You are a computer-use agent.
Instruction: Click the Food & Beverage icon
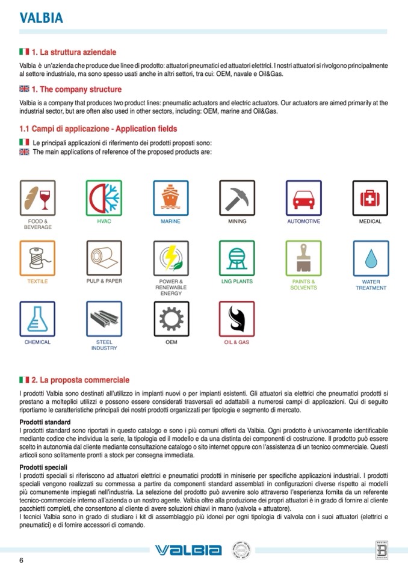tap(37, 198)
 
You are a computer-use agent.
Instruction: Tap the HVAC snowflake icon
tap(104, 198)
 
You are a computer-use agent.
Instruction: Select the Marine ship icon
tap(170, 198)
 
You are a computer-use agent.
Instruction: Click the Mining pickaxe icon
tap(237, 198)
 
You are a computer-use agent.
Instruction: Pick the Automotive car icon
tap(303, 198)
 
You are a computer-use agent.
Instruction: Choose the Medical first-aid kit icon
tap(370, 198)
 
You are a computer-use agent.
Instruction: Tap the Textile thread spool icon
tap(37, 258)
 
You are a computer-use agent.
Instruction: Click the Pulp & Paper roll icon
tap(104, 258)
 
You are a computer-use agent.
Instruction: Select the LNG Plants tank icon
tap(237, 258)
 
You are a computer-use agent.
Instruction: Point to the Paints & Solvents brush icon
tap(303, 258)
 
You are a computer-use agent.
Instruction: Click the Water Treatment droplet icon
tap(370, 258)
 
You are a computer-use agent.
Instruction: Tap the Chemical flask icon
tap(37, 319)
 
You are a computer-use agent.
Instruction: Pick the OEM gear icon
tap(170, 319)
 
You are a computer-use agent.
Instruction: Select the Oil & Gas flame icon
tap(237, 319)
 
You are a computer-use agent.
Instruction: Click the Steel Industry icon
tap(104, 319)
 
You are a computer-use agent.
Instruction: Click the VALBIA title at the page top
tap(41, 18)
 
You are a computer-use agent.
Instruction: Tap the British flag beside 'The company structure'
tap(24, 89)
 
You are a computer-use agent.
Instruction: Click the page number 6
tap(22, 561)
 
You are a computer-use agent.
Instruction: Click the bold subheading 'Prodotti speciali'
tap(43, 467)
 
